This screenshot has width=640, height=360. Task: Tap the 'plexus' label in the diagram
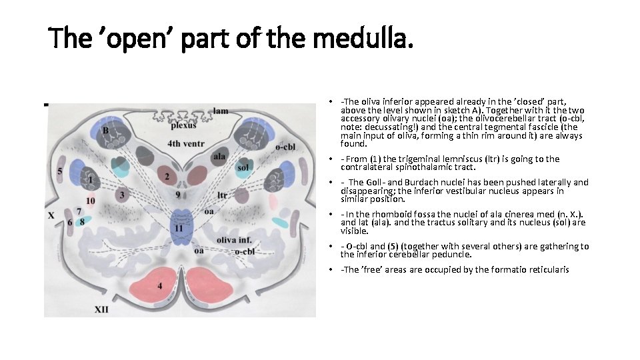[x=183, y=125]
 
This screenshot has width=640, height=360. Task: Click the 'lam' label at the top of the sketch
[x=221, y=111]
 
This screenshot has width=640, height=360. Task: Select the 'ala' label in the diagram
[x=219, y=156]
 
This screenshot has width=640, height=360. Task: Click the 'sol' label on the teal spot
[x=243, y=167]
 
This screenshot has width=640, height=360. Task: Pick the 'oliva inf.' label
[x=233, y=240]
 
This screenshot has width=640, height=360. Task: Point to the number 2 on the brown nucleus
[x=167, y=177]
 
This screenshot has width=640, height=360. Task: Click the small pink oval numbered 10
[x=91, y=201]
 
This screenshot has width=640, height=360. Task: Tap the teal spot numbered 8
[x=83, y=221]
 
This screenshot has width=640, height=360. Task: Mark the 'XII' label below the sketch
[x=101, y=309]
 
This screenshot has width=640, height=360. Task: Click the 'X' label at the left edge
[x=51, y=215]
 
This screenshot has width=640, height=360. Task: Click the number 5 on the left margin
[x=60, y=172]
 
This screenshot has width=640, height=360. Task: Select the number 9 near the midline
[x=177, y=195]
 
